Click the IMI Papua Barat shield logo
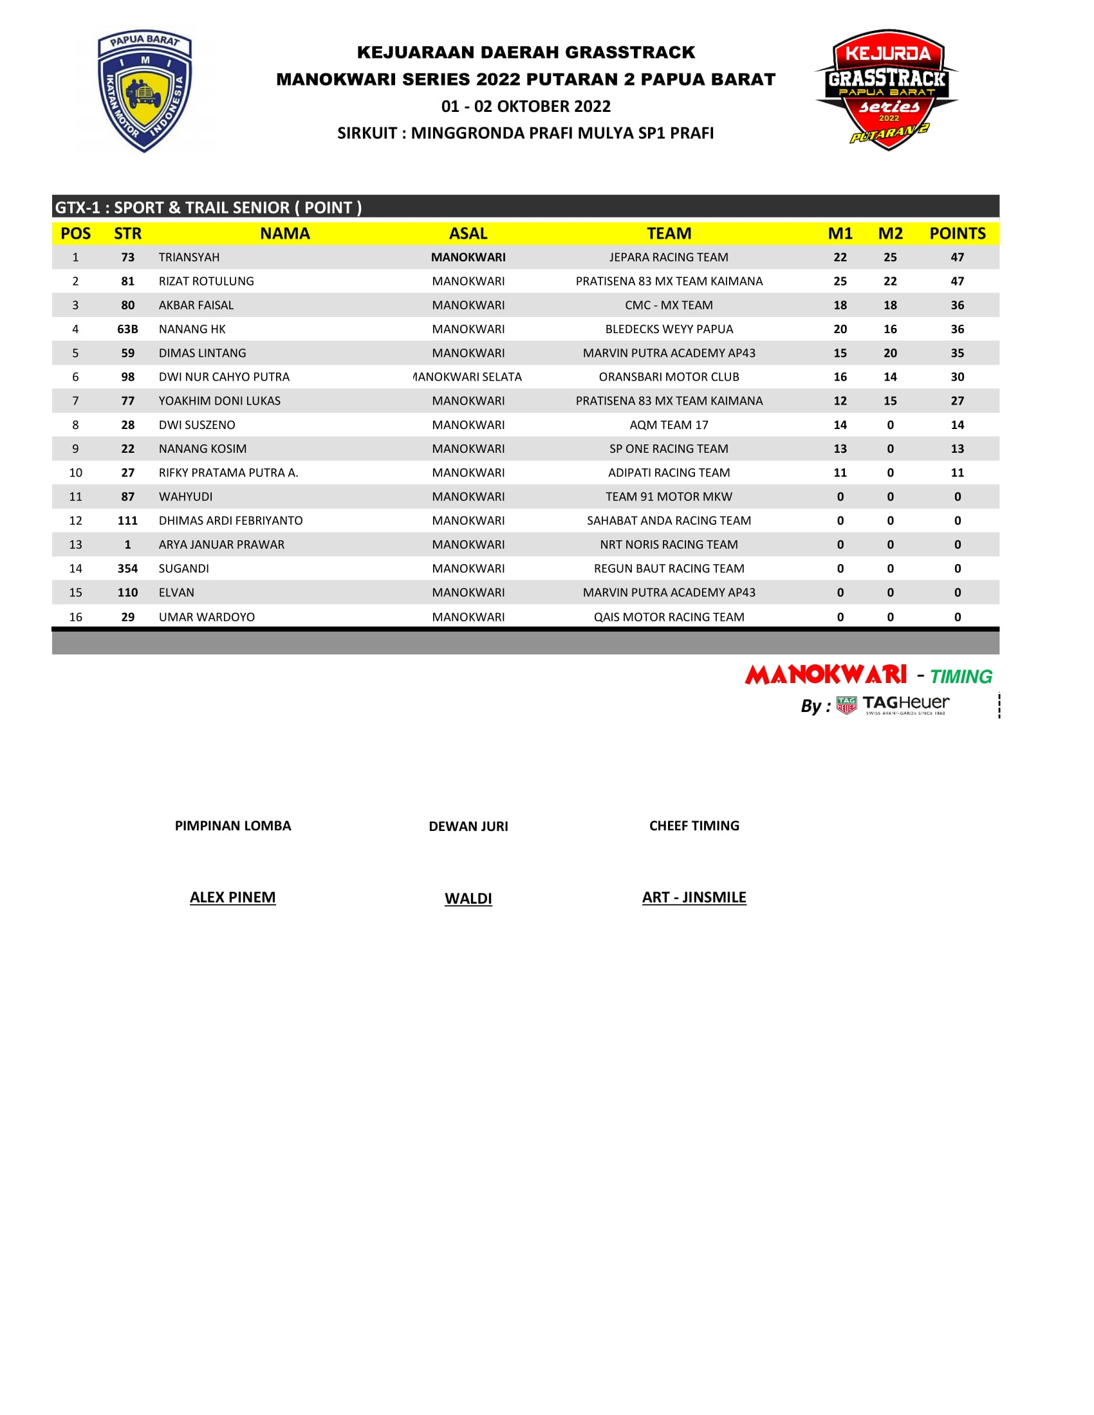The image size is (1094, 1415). click(x=145, y=91)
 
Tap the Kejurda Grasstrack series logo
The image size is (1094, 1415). click(x=886, y=89)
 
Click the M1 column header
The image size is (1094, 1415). click(x=840, y=233)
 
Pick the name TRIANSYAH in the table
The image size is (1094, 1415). click(x=189, y=257)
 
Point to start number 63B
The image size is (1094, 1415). click(x=127, y=329)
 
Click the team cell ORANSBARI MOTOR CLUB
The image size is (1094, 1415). click(x=668, y=377)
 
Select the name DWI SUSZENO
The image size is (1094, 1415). click(x=196, y=425)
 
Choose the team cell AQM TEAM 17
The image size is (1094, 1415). click(x=668, y=425)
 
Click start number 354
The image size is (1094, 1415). click(x=127, y=569)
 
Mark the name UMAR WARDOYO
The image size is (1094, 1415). click(x=206, y=617)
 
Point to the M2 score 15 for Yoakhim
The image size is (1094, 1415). click(x=890, y=401)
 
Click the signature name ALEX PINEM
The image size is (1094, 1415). click(x=233, y=897)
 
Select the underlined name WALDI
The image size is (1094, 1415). click(x=468, y=899)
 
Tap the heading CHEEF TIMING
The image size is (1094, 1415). click(x=694, y=826)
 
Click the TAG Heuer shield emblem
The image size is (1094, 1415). click(x=846, y=705)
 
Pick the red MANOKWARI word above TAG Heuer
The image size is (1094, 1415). click(x=825, y=675)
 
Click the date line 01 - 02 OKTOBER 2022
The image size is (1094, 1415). click(x=526, y=106)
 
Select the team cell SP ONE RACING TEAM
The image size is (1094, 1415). click(x=668, y=449)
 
